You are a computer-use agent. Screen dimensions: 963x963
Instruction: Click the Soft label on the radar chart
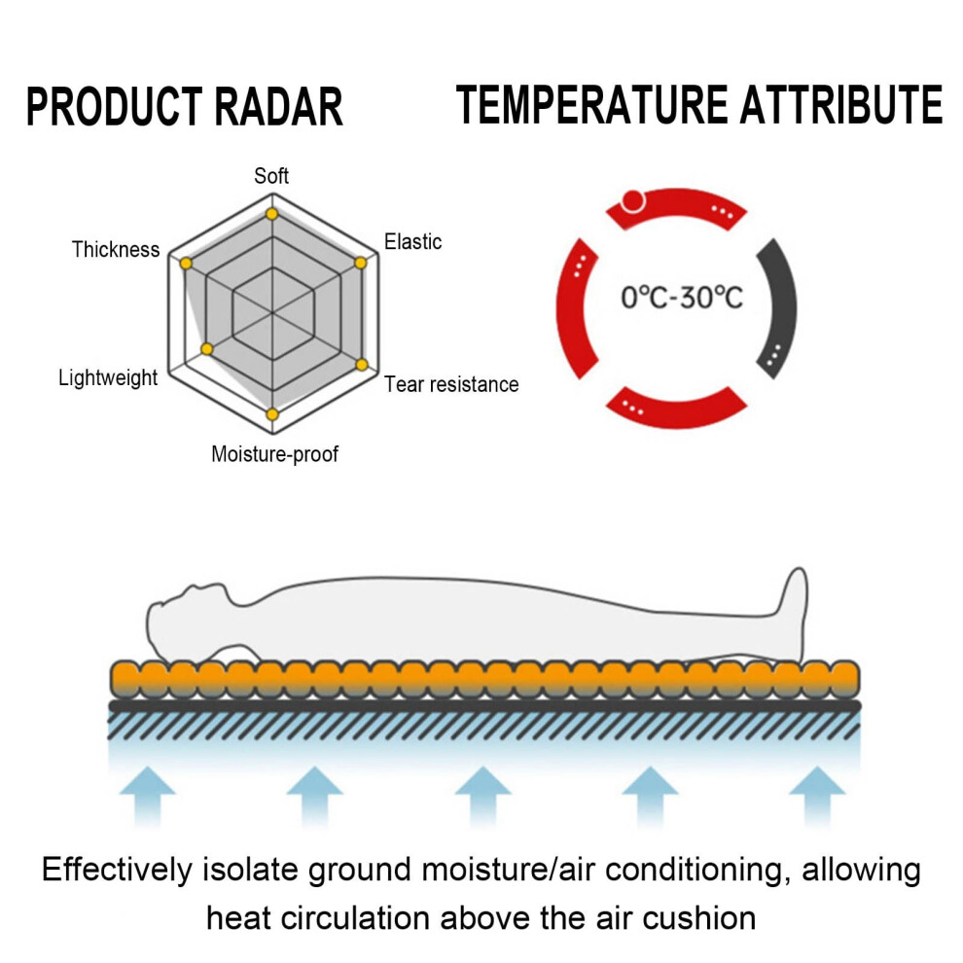270,176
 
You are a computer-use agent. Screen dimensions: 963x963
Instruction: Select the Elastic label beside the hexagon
412,241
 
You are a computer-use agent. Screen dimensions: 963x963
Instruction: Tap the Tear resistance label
451,384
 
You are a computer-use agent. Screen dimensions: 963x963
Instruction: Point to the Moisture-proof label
274,454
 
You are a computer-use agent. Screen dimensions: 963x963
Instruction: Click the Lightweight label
108,377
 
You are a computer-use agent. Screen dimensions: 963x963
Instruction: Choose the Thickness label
116,249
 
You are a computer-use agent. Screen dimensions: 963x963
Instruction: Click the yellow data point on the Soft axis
272,214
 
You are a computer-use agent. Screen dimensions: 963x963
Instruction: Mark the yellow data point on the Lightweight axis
207,349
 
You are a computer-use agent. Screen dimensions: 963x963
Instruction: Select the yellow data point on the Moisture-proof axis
272,414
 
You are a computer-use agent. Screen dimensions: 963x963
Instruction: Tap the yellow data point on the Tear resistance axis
362,365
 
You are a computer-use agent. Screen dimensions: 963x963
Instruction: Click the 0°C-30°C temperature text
682,298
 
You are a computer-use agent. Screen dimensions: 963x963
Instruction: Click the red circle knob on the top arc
632,200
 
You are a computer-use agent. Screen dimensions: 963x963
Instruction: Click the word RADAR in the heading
278,107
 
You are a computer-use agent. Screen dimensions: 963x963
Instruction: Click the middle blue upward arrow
482,796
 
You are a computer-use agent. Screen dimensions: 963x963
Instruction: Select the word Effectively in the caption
117,871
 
